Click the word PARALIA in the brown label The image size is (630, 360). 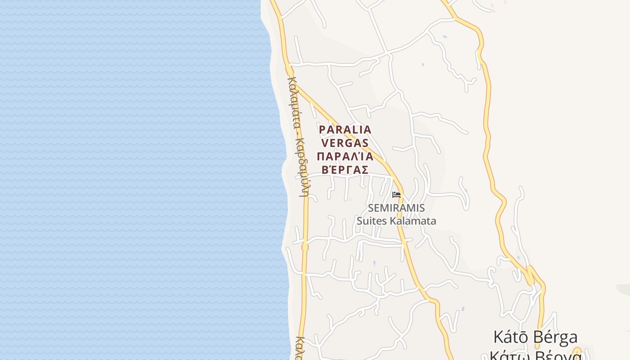pyautogui.click(x=345, y=130)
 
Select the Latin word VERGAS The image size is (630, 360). pyautogui.click(x=345, y=143)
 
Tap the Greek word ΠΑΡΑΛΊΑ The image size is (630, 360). pyautogui.click(x=345, y=156)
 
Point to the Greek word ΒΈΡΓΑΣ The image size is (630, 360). pyautogui.click(x=345, y=170)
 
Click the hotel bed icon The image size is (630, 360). pyautogui.click(x=396, y=195)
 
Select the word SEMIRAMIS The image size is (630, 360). pyautogui.click(x=396, y=208)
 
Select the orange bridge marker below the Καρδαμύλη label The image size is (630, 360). pyautogui.click(x=305, y=247)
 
